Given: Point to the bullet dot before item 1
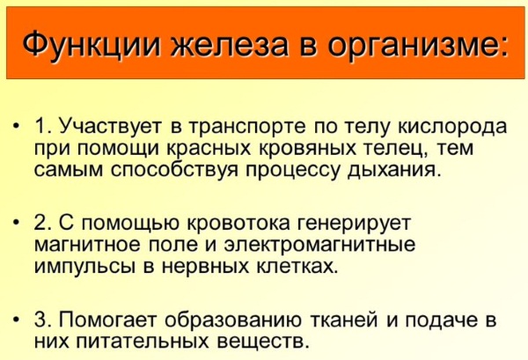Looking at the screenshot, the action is [x=16, y=126].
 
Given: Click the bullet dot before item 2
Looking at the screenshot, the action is [x=16, y=223].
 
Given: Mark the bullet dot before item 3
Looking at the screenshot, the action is [x=16, y=320].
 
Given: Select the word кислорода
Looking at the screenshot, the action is [x=452, y=128].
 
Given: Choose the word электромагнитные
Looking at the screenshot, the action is [x=319, y=245].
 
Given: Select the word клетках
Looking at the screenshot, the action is [x=297, y=267].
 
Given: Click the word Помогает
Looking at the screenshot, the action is [x=108, y=320].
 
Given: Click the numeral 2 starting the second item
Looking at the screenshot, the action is [x=40, y=224].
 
